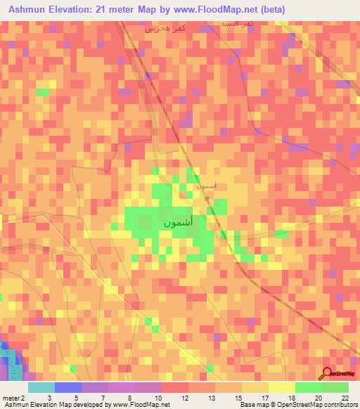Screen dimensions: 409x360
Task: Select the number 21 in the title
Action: [119, 10]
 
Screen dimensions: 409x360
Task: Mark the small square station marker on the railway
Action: [207, 199]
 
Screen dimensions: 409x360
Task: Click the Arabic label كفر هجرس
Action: [165, 28]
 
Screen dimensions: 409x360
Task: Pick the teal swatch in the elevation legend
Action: [41, 387]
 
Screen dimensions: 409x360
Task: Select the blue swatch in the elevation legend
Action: [68, 387]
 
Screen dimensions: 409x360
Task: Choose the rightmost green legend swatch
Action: [335, 387]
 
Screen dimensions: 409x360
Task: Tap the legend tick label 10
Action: [157, 398]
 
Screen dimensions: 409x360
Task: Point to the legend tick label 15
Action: [237, 398]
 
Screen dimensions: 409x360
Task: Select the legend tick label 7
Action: [103, 398]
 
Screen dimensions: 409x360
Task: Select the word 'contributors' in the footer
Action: [337, 405]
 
